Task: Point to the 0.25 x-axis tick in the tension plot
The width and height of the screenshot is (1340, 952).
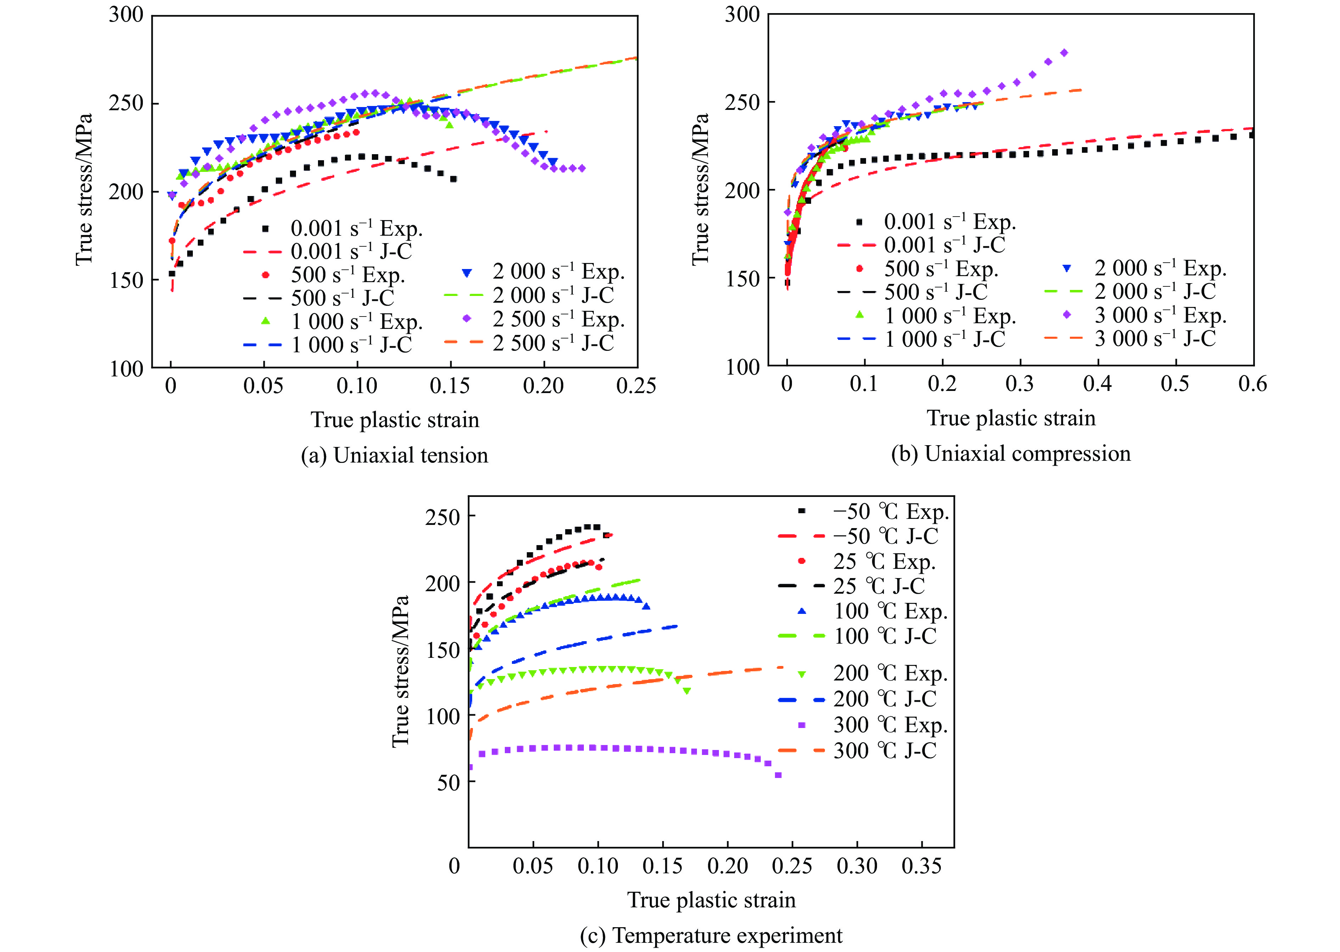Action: click(x=636, y=386)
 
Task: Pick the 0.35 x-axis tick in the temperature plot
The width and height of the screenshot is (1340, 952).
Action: click(x=921, y=866)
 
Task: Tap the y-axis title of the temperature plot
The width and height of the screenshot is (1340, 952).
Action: click(x=400, y=672)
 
